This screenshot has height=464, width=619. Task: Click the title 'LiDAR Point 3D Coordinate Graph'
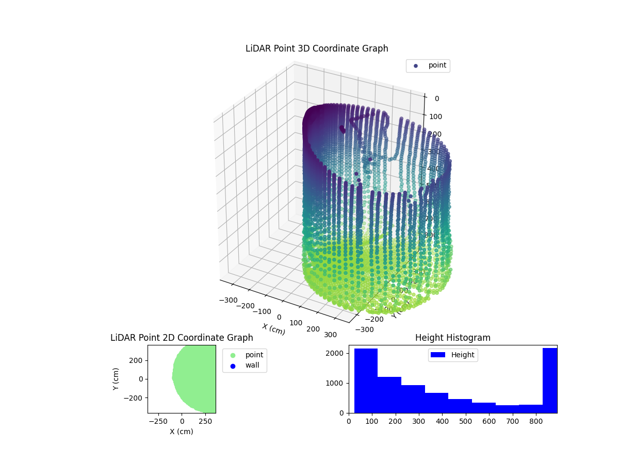click(x=317, y=48)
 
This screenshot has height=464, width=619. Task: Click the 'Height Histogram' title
click(x=452, y=338)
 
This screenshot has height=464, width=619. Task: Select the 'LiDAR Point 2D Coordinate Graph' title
click(x=182, y=338)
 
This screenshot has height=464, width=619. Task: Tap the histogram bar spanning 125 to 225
click(x=389, y=395)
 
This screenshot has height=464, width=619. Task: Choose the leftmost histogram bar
click(x=366, y=381)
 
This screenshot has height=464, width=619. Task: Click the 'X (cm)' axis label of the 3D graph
click(x=273, y=329)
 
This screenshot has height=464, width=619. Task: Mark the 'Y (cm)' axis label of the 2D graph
click(x=116, y=379)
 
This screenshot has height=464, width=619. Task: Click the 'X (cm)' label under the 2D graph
click(x=182, y=432)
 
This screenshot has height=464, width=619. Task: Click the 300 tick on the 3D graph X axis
click(x=330, y=335)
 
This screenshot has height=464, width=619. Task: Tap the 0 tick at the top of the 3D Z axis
click(x=436, y=99)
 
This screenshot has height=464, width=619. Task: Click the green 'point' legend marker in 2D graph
click(x=233, y=355)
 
